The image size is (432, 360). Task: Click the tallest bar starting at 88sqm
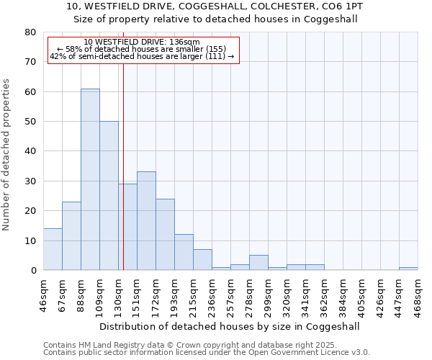(x=90, y=179)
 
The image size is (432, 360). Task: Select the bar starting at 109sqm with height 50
(x=109, y=195)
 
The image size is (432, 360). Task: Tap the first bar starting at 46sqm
(x=53, y=249)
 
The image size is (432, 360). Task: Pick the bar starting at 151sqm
(x=146, y=220)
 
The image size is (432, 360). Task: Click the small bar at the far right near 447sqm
(x=408, y=269)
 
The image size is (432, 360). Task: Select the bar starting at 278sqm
(x=258, y=263)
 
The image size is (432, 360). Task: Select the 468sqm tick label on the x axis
(x=418, y=296)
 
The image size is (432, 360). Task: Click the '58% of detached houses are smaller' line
(x=142, y=49)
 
